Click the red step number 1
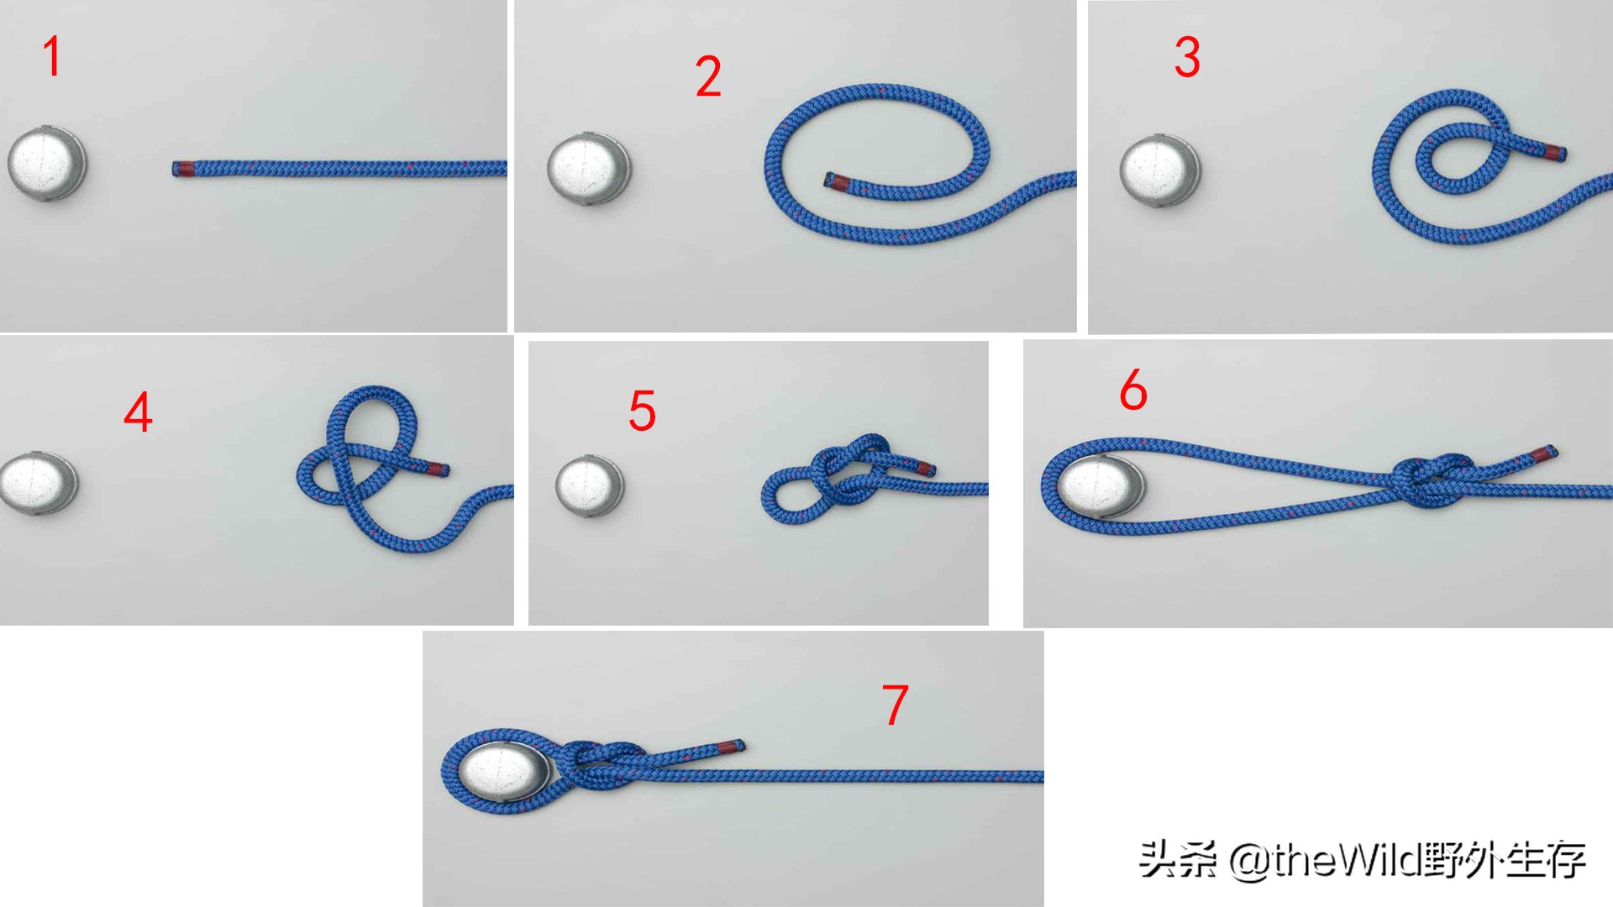coord(52,56)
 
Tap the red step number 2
coord(708,76)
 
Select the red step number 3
coord(1187,57)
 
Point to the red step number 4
coord(139,412)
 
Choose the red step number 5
coord(643,411)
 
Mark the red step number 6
coord(1133,390)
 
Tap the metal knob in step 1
coord(47,164)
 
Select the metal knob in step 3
coord(1160,170)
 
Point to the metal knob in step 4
coord(38,484)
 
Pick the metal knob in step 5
coord(591,486)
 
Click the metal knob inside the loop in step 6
coord(1101,487)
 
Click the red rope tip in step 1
coord(185,168)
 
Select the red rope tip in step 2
coord(838,181)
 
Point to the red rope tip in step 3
coord(1555,153)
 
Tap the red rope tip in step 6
coord(1542,456)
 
